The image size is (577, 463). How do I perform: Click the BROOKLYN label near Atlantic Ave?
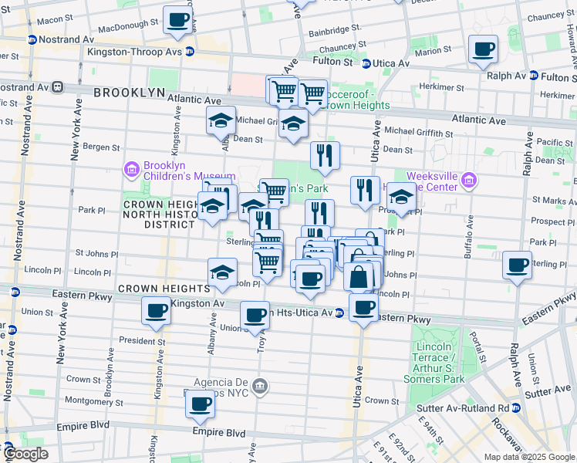click(x=130, y=93)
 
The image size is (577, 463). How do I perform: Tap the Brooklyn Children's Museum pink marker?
click(x=131, y=169)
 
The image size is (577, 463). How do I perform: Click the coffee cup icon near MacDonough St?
click(x=178, y=20)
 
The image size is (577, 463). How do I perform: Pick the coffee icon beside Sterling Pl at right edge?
click(x=517, y=265)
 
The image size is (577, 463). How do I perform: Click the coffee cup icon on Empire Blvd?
click(x=201, y=404)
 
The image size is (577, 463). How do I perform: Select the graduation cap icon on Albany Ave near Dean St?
click(x=221, y=120)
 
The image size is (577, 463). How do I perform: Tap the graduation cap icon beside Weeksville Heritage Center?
click(x=400, y=198)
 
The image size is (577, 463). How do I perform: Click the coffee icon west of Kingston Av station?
click(x=156, y=311)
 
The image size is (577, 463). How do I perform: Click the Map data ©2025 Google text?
click(x=528, y=457)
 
